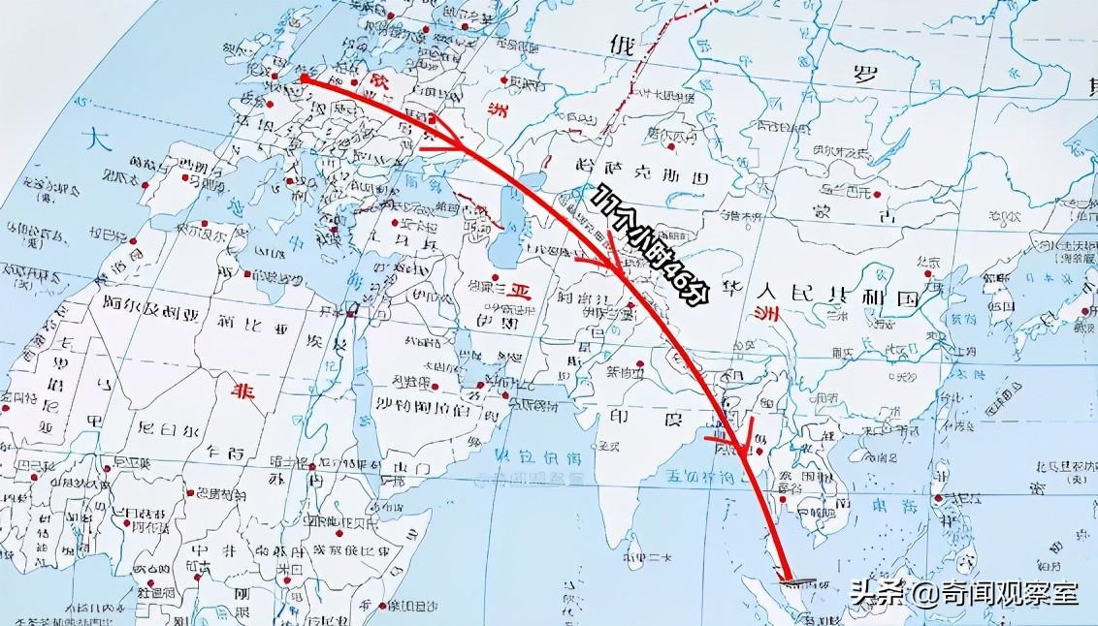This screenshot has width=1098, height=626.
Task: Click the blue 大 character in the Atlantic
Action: pyautogui.click(x=95, y=139)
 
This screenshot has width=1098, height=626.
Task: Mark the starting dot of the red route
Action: pyautogui.click(x=304, y=78)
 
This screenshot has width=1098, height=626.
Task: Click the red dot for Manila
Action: pyautogui.click(x=939, y=498)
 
